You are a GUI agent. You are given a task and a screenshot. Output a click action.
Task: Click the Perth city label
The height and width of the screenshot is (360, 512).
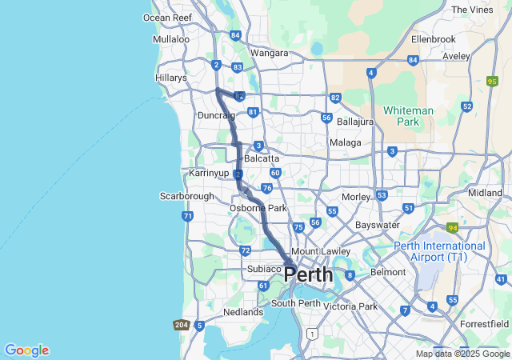click(309, 274)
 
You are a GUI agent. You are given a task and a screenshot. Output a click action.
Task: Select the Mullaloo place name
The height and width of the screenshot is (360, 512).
click(171, 38)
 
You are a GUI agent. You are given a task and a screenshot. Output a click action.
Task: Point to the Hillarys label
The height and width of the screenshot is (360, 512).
click(170, 78)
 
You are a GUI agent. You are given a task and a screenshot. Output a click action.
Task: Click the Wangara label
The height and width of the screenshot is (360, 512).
click(269, 53)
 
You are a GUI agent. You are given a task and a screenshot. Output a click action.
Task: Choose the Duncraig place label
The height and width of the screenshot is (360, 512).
click(216, 116)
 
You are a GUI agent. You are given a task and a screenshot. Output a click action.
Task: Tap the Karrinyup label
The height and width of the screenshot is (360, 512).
click(210, 173)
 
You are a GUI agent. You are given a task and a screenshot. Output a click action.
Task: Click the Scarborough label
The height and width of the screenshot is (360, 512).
click(187, 196)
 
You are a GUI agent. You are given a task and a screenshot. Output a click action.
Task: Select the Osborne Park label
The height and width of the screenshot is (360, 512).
click(258, 208)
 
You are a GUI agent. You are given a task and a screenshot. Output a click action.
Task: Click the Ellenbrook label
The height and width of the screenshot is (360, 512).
click(433, 38)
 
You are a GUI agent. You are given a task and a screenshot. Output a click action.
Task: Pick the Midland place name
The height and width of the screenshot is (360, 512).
click(485, 193)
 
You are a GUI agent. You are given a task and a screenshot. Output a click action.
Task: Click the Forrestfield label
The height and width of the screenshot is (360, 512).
click(485, 324)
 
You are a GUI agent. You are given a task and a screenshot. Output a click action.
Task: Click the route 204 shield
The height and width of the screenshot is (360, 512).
click(181, 325)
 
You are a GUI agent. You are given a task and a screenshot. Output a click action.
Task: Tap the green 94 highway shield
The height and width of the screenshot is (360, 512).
click(452, 228)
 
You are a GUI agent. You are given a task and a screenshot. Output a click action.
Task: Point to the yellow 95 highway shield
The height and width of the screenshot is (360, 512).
click(491, 81)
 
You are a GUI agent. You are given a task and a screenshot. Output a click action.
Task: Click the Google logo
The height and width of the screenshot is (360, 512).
click(26, 350)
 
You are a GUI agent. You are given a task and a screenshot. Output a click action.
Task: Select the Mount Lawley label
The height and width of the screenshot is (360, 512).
click(317, 251)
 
